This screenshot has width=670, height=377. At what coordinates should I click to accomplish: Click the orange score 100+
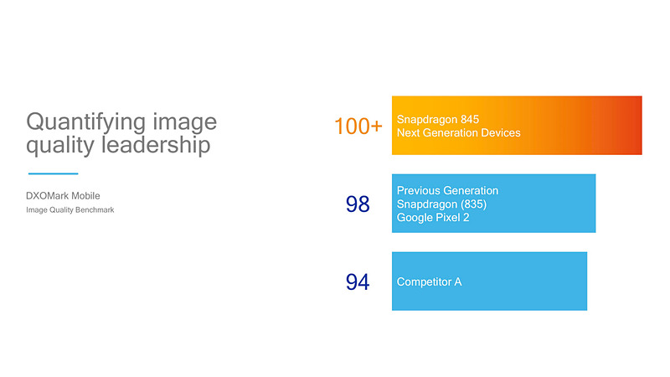358,127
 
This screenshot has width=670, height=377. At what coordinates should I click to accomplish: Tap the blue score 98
358,204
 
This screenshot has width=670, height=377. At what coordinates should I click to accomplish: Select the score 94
358,282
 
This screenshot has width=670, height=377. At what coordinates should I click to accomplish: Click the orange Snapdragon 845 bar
578,126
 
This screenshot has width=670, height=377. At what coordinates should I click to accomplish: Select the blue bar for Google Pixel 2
544,204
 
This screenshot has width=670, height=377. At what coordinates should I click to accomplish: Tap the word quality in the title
56,145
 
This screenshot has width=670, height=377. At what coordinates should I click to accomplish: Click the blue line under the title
53,174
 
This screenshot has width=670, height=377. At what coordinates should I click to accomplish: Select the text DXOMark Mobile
63,196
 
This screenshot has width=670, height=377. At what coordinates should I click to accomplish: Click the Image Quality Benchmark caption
70,210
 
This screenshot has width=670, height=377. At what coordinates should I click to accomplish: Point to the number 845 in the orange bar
487,120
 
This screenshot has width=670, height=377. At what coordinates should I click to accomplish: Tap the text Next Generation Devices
458,133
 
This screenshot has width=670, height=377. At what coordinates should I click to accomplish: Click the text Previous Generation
447,191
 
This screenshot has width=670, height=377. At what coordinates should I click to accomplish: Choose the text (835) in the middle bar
471,204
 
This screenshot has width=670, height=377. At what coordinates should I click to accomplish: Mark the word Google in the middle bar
415,218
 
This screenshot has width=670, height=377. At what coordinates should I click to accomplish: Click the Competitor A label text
429,282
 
